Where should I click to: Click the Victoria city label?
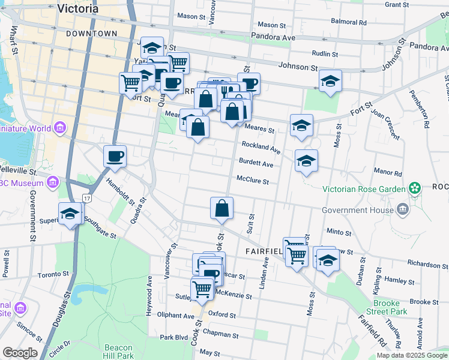(x=77, y=8)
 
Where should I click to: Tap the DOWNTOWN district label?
(x=92, y=34)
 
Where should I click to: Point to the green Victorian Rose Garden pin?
(x=414, y=189)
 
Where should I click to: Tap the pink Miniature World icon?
(x=59, y=128)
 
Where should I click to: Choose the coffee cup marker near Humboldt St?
(x=115, y=157)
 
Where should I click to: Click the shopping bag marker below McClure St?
(x=221, y=208)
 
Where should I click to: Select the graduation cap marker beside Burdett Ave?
(x=306, y=161)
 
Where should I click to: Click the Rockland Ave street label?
(x=261, y=148)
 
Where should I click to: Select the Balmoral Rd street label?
(x=348, y=22)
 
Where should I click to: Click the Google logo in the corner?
(x=20, y=353)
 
